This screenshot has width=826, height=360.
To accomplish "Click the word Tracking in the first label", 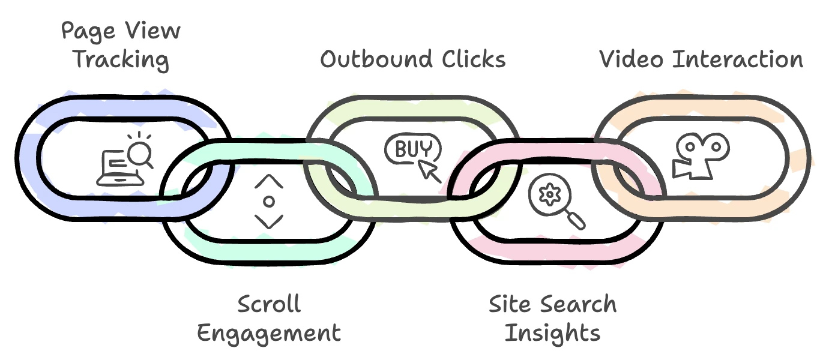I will tap(121, 61).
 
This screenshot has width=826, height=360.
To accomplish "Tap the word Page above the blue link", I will tap(85, 31).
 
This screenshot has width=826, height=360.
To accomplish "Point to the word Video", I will tap(633, 59).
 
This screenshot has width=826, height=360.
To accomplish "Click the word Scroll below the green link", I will tap(269, 304).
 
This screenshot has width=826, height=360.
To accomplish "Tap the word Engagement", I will tap(269, 332).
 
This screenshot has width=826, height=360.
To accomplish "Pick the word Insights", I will tap(552, 332).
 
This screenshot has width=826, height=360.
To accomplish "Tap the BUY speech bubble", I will tap(412, 148).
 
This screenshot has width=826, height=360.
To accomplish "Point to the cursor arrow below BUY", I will tap(430, 170).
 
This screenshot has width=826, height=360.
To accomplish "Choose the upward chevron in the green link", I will tap(268, 181).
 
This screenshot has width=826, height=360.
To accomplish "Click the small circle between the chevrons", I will tap(269, 201).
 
